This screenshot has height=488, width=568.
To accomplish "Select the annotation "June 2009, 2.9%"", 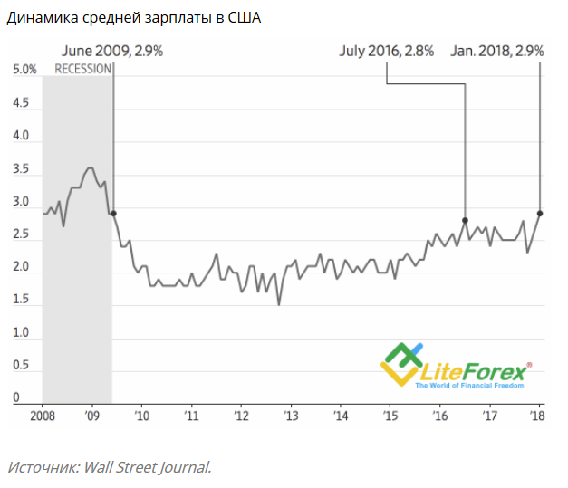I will coord(112,52).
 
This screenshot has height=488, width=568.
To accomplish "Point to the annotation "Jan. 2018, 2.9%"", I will coord(497,52).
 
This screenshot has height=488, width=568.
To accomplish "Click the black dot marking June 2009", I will coord(113,214).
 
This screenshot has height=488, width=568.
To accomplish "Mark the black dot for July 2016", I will coord(465,220).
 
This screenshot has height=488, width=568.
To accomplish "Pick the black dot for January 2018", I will coord(540,214).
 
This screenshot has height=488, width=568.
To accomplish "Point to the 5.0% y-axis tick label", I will coord(24,71).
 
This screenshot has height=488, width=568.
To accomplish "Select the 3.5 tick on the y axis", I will coord(20,169).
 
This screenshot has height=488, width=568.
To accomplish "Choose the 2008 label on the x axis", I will coord(43,416).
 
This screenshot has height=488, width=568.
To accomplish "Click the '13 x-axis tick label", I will coord(291,416).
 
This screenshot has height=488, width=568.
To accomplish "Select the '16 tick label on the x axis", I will coord(441,416).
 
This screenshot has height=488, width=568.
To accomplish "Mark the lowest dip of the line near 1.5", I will coord(278,304).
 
